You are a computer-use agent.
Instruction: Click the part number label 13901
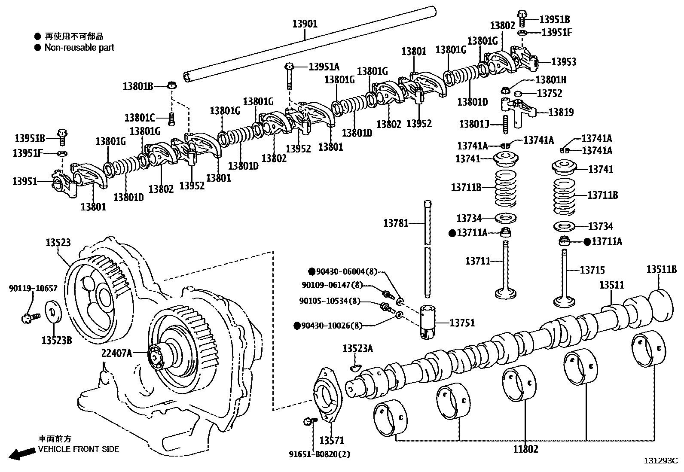pyautogui.click(x=305, y=24)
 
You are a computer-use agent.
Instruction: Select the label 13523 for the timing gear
pyautogui.click(x=58, y=243)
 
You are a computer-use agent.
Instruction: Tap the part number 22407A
pyautogui.click(x=116, y=353)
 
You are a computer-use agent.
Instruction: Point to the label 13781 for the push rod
pyautogui.click(x=396, y=223)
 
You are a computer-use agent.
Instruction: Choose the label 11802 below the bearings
pyautogui.click(x=525, y=449)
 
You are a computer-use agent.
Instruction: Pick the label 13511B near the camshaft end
pyautogui.click(x=661, y=269)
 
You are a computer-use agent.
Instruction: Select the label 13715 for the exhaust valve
pyautogui.click(x=592, y=270)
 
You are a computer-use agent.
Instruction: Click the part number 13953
pyautogui.click(x=564, y=62)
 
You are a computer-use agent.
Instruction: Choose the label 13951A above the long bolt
pyautogui.click(x=324, y=67)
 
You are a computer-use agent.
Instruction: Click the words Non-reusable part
pyautogui.click(x=79, y=48)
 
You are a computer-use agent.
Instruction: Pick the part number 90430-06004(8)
pyautogui.click(x=346, y=271)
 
